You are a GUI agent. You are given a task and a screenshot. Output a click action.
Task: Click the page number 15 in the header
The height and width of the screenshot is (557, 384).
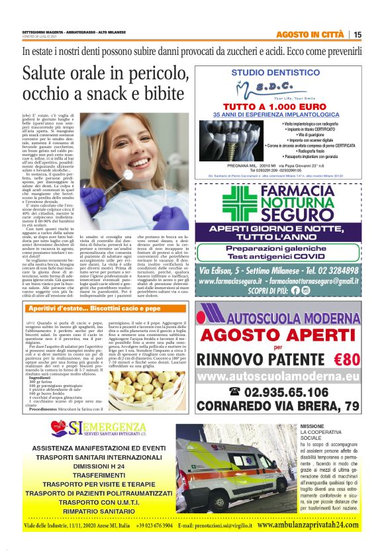point(375,34)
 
